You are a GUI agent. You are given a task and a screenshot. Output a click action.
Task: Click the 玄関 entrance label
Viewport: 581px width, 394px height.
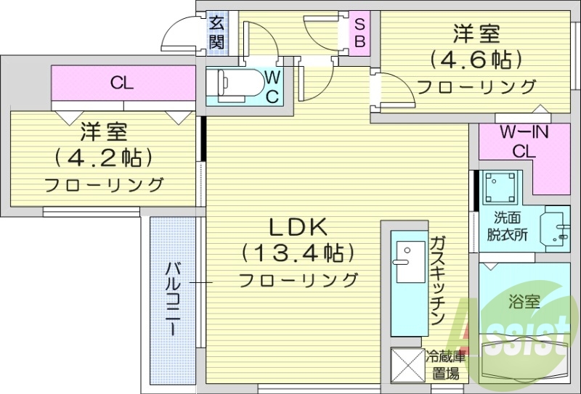(217, 32)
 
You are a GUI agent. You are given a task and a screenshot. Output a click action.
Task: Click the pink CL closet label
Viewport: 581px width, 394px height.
(122, 83)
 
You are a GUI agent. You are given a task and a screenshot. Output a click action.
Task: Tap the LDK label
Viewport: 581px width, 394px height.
(298, 228)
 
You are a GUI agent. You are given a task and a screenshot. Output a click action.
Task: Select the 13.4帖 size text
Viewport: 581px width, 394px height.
(298, 253)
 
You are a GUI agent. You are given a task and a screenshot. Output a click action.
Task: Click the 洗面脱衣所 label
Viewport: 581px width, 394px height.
(507, 226)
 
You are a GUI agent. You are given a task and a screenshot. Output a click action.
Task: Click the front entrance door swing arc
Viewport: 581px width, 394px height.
(178, 33)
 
